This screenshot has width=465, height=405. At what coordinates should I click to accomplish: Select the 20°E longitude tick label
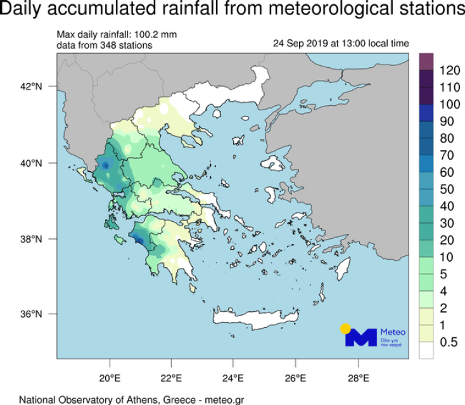(110, 379)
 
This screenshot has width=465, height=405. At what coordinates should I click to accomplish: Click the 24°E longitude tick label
(234, 379)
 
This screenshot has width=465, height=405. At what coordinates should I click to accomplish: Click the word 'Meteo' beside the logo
(393, 332)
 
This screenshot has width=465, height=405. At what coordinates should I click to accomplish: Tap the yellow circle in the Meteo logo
(345, 329)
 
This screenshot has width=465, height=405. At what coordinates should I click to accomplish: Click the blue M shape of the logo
(360, 337)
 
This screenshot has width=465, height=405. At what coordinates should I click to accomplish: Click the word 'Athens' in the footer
(137, 399)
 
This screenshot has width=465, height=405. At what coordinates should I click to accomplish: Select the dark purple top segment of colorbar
(426, 60)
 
